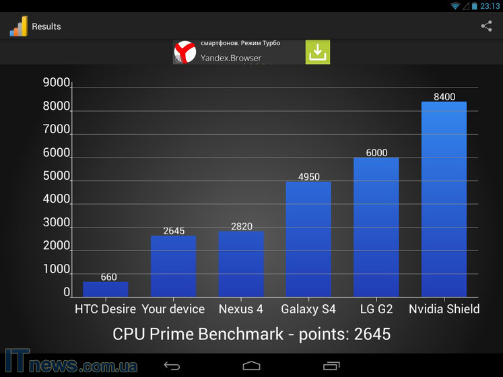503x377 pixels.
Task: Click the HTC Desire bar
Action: coord(105,289)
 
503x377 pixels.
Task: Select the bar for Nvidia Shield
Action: coord(444,199)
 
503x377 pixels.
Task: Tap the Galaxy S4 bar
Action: coord(308,239)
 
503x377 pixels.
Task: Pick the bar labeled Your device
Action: coord(173,266)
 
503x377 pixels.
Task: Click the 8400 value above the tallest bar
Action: coord(444,96)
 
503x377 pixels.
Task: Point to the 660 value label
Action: coord(108,277)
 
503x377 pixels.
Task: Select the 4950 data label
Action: coord(309,176)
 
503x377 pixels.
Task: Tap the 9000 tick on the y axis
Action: coord(57,83)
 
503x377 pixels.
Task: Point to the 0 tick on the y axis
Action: coord(67,292)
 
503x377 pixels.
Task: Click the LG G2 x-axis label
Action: coord(376,309)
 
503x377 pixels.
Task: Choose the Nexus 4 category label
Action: coord(240,309)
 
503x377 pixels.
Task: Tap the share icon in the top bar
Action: coord(486,26)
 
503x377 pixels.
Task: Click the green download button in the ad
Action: coord(318,52)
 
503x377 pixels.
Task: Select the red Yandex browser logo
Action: coord(185,52)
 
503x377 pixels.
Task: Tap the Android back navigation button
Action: coord(172,366)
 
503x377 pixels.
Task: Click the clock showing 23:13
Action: coord(490,6)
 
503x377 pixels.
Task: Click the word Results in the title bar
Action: coord(46,27)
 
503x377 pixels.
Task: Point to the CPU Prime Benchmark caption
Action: coord(251,334)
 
